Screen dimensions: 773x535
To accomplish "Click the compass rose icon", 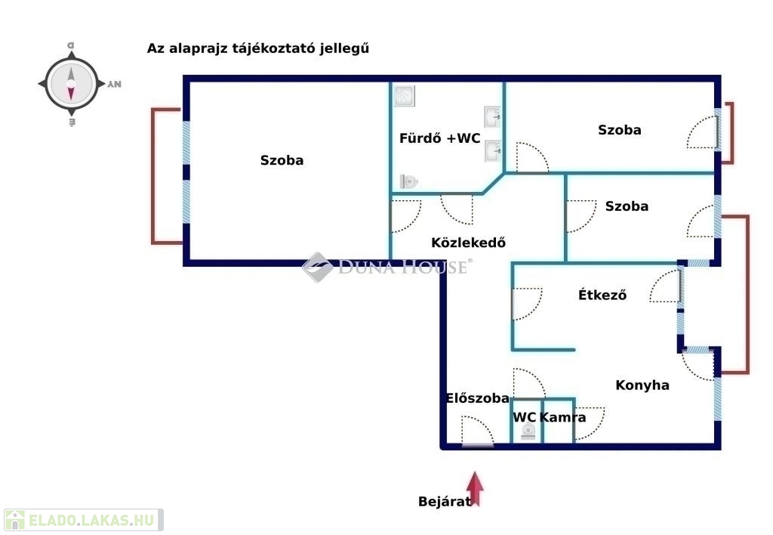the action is coord(72,85).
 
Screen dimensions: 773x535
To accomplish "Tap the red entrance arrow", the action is coord(475,489).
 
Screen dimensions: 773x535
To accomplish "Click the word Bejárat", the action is coord(444,502).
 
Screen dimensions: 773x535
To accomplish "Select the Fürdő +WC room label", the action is coord(440,138).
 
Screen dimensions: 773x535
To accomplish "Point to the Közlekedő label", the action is coord(468,243).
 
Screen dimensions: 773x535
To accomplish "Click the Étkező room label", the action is coord(602,295).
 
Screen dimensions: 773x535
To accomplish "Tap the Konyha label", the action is coord(642,385).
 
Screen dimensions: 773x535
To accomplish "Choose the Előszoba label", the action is coord(477,397).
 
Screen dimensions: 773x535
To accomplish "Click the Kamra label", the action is coord(562,417).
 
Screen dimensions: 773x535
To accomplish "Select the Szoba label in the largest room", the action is coord(282,160).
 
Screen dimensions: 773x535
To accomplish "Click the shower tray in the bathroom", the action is coord(405,96).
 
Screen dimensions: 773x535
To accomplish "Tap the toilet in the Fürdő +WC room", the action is coord(408,181).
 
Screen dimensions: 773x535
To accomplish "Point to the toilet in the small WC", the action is coord(528,431).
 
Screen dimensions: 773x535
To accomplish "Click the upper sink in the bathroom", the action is coord(492,116).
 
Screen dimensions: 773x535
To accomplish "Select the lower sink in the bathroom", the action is coord(492,150).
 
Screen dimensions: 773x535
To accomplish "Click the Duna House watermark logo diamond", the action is coord(318,267).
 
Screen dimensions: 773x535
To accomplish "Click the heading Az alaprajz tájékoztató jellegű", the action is coord(258,48).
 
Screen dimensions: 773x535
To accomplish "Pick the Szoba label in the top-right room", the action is coord(620,130).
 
